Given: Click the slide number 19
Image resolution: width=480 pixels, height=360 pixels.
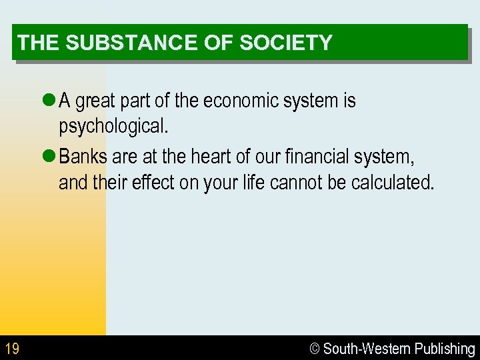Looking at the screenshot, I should click(11, 348).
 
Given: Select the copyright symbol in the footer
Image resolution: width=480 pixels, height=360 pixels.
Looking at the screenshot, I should click(315, 348).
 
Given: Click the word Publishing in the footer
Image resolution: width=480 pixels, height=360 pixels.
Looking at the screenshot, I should click(445, 348).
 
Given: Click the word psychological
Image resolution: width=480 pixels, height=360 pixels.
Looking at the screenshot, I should click(113, 126).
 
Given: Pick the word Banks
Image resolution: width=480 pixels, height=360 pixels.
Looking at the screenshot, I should click(84, 157).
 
